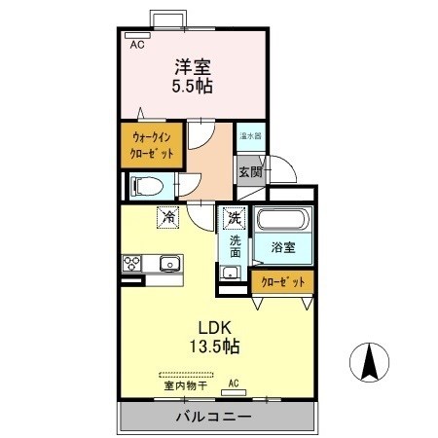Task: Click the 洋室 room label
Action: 194,67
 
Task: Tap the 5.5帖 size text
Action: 194,87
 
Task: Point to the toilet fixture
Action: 146,185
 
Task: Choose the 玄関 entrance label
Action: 249,172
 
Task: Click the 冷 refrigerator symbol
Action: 168,216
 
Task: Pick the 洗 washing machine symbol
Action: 233,217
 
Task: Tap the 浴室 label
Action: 282,248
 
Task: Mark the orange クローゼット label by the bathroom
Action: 282,281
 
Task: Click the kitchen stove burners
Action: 133,263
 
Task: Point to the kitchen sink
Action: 170,263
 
